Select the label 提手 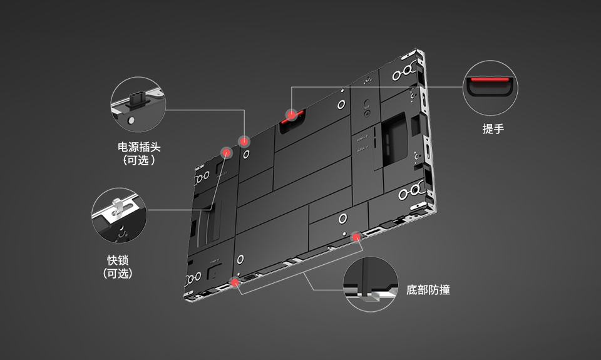click(493, 129)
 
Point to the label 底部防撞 click(428, 290)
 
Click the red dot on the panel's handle click(291, 115)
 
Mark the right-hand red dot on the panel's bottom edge click(357, 237)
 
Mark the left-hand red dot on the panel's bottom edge click(235, 282)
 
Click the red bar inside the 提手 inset click(490, 81)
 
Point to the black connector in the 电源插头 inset click(137, 100)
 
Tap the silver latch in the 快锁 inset click(117, 207)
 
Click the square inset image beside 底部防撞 click(371, 284)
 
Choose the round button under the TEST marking click(367, 114)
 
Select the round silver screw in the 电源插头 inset click(131, 118)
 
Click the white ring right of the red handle click(342, 103)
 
